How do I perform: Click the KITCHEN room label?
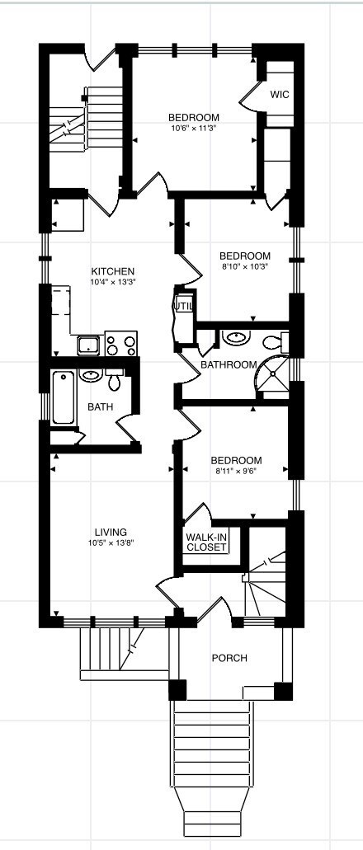pyautogui.click(x=113, y=271)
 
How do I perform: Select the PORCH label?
pyautogui.click(x=229, y=658)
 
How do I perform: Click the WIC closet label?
pyautogui.click(x=279, y=95)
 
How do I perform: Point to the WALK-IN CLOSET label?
pyautogui.click(x=206, y=542)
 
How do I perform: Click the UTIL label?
pyautogui.click(x=182, y=307)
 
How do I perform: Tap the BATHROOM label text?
pyautogui.click(x=229, y=364)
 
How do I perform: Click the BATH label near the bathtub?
pyautogui.click(x=101, y=406)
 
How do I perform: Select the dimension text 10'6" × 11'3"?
pyautogui.click(x=193, y=128)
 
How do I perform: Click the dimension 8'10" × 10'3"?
pyautogui.click(x=245, y=266)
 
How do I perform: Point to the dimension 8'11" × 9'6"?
pyautogui.click(x=236, y=472)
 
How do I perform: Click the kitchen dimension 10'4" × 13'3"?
pyautogui.click(x=113, y=282)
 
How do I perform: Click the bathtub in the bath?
pyautogui.click(x=63, y=399)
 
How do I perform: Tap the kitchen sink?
pyautogui.click(x=88, y=345)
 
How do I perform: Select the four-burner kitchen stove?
pyautogui.click(x=121, y=343)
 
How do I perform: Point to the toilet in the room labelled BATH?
pyautogui.click(x=114, y=379)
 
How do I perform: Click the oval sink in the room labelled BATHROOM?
pyautogui.click(x=238, y=337)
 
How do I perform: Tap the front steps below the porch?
pyautogui.click(x=213, y=767)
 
